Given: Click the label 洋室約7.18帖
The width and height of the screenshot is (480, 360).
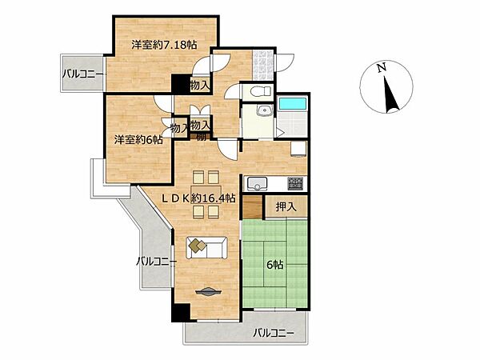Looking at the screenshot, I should (x=164, y=46).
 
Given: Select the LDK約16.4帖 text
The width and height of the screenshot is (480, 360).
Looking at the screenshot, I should (x=199, y=198).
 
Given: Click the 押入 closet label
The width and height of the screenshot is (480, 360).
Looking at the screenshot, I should (x=286, y=206).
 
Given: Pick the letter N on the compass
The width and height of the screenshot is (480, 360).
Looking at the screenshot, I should (x=383, y=69).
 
